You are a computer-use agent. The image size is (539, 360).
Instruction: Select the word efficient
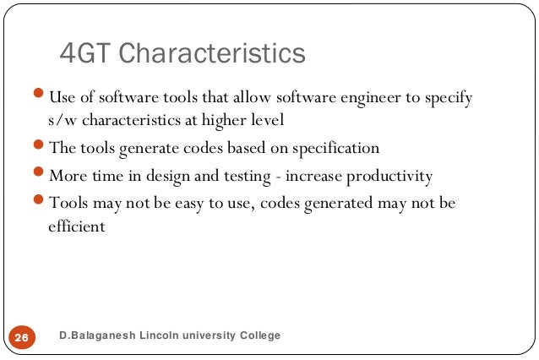pos(77,226)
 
